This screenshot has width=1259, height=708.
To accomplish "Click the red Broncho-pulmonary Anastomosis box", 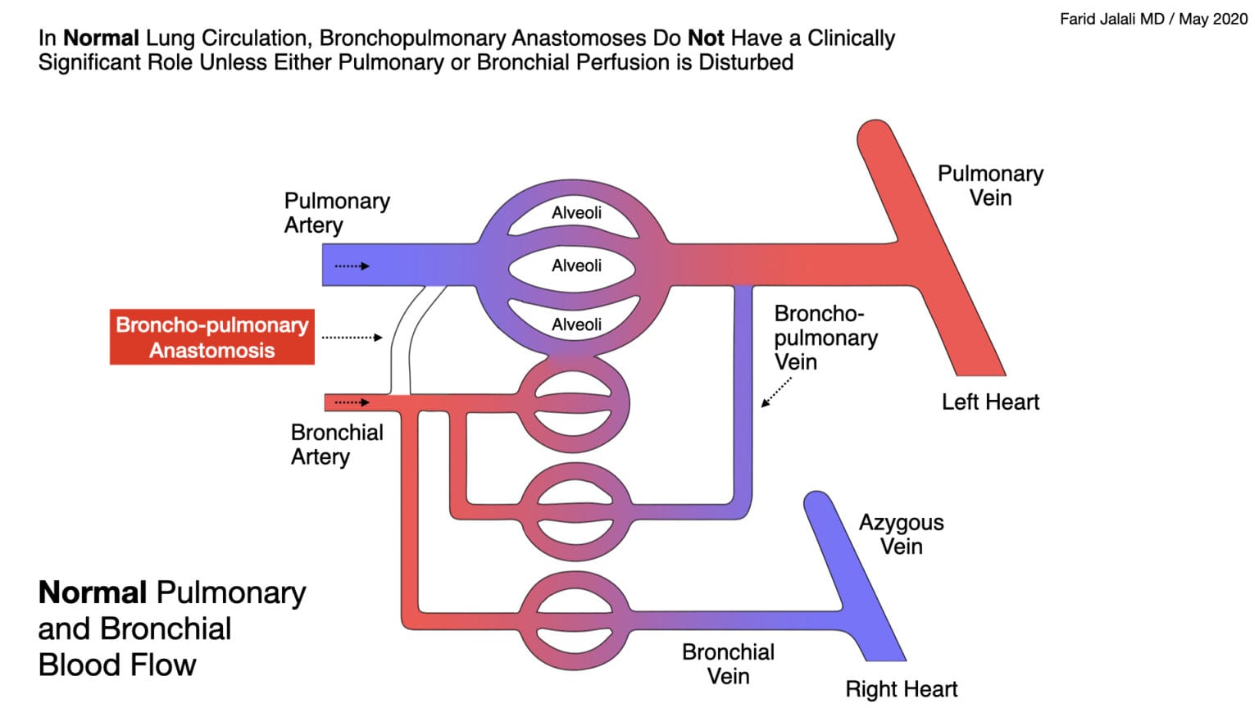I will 211,337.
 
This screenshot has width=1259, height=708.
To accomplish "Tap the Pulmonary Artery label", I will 337,212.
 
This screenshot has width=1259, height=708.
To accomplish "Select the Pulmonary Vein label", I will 990,185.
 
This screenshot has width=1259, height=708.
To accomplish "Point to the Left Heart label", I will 990,402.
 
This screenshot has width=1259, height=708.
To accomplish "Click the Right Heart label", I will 901,688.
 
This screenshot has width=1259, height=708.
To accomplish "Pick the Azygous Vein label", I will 901,534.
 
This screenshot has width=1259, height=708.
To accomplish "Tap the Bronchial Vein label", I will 728,664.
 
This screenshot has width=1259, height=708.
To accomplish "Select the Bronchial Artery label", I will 337,444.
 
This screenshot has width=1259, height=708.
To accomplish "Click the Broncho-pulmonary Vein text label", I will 825,338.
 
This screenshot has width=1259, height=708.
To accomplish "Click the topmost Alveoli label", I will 576,213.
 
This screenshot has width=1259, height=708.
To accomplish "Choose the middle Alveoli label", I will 576,265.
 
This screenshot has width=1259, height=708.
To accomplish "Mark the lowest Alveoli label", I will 576,324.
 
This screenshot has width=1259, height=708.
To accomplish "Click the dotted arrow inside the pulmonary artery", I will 352,266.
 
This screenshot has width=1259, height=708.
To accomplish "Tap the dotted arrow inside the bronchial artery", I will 352,402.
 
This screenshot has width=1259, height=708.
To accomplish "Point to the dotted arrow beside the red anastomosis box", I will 352,337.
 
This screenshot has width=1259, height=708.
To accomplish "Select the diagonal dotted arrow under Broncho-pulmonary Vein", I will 776,392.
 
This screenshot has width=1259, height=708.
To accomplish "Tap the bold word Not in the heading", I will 705,38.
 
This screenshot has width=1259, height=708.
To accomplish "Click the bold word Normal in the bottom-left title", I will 92,592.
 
